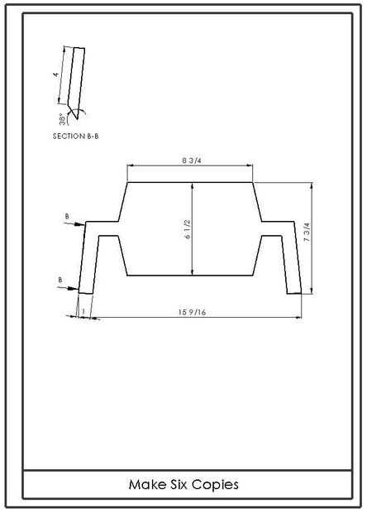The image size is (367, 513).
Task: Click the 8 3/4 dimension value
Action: pos(189,161)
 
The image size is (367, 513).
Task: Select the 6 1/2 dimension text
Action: pos(188,229)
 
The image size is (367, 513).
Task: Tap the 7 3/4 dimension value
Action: pos(307,233)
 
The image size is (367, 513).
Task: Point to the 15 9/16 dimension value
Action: pos(192,312)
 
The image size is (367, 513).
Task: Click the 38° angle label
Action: pos(63,119)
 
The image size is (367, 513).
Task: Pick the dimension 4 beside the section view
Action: pos(56,74)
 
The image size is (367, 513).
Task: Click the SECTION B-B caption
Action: pos(75,136)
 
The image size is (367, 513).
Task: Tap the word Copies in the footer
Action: pos(215,485)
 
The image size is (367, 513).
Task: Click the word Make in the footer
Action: pos(147,484)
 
